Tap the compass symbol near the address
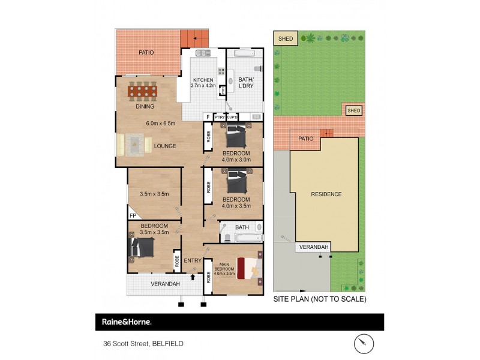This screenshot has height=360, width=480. (363, 343)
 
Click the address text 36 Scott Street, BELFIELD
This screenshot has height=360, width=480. (142, 344)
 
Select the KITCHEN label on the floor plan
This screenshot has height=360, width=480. (202, 80)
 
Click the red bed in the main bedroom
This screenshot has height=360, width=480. (248, 268)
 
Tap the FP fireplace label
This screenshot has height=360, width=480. (133, 215)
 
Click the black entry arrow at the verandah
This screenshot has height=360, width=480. (193, 277)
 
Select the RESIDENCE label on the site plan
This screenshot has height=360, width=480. (326, 194)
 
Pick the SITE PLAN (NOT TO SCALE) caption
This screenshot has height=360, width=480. (319, 299)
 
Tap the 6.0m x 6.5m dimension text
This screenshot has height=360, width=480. (160, 124)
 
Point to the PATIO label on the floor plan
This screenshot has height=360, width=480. (146, 53)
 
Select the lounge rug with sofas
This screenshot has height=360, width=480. (133, 145)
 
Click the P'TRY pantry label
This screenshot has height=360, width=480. (220, 117)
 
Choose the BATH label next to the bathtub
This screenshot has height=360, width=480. (242, 227)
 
